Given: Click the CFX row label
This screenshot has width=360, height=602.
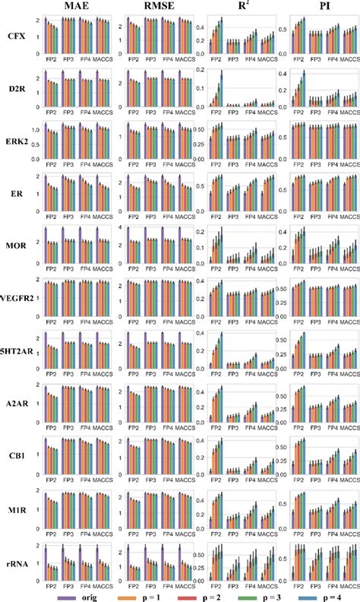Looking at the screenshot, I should (16, 36).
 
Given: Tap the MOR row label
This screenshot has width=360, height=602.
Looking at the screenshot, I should (16, 246).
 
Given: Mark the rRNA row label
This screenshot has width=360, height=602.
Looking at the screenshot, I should (16, 562).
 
